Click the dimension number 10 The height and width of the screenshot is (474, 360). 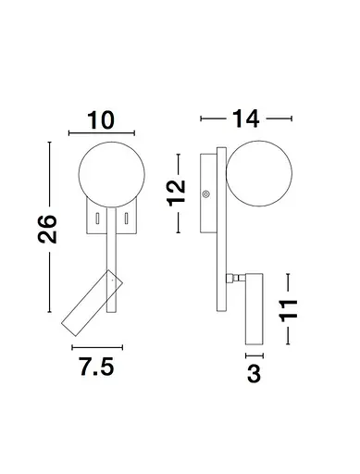101,120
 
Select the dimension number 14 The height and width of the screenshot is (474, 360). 245,118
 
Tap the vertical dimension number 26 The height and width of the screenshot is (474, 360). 47,229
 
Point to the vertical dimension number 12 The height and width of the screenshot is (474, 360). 176,193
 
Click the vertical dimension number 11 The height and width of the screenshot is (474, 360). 289,310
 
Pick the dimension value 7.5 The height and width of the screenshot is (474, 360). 97,367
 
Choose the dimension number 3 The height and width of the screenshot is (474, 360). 254,373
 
